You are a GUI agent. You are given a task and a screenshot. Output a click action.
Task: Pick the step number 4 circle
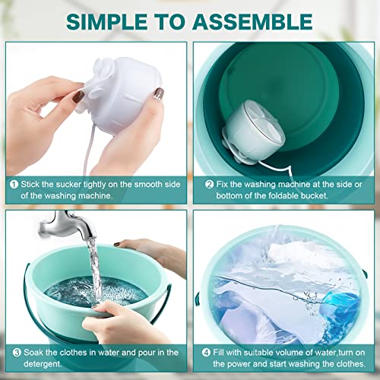tap(201, 352)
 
